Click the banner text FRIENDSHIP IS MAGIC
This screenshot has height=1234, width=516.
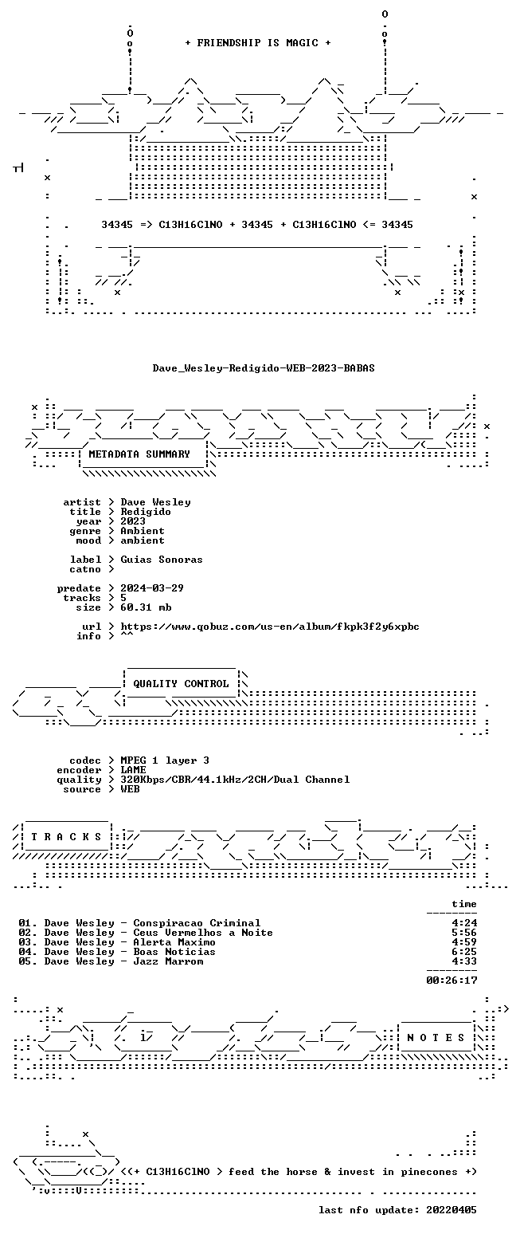[x=258, y=43]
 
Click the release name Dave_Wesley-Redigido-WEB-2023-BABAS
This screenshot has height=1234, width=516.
[x=264, y=368]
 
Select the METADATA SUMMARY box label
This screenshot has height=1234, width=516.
[x=139, y=454]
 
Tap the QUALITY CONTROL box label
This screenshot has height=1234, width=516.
[x=181, y=684]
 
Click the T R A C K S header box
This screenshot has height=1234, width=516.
[x=67, y=837]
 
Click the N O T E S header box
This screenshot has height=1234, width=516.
[x=436, y=1037]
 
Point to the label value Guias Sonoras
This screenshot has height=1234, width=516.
[x=162, y=560]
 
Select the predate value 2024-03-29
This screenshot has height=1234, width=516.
[x=152, y=588]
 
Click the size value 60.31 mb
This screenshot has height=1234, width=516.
[x=147, y=607]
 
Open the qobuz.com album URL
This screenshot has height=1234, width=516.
[x=270, y=627]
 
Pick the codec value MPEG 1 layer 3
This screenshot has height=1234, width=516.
[x=165, y=760]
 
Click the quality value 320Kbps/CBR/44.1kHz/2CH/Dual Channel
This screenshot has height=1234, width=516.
[x=235, y=780]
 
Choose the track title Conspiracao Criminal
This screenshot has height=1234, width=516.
[x=197, y=923]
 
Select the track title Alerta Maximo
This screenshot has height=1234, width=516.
[x=174, y=942]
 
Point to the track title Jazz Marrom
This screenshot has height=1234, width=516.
[x=168, y=962]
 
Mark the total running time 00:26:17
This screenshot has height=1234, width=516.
[x=451, y=981]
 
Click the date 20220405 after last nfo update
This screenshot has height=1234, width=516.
[x=451, y=1210]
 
